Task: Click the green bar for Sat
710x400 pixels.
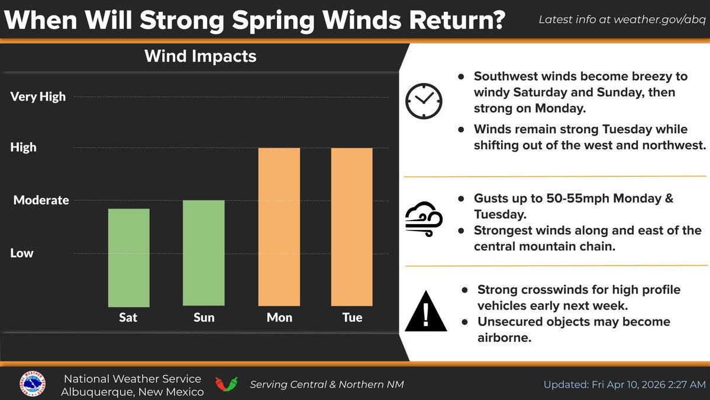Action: (128, 258)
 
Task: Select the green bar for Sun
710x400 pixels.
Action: (204, 254)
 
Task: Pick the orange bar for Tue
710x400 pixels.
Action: (351, 226)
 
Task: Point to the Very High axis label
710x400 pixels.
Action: (38, 97)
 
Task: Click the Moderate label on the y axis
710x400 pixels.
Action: (41, 200)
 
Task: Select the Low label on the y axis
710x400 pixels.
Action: (22, 253)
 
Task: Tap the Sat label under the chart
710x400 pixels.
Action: (128, 318)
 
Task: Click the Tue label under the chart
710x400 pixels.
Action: (352, 318)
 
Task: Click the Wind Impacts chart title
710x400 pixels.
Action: (201, 56)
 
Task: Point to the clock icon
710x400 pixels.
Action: (424, 101)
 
